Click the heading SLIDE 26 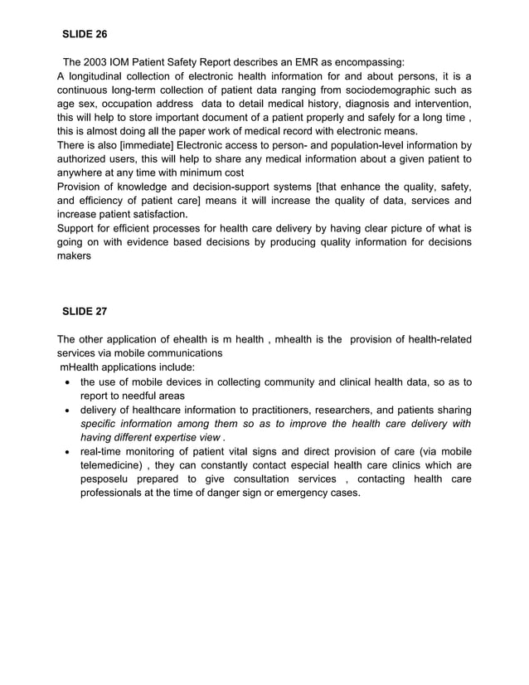[85, 35]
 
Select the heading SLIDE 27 [85, 312]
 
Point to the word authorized [85, 159]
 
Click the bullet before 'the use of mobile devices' [66, 382]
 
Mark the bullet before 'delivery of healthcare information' [66, 411]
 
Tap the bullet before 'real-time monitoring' [66, 452]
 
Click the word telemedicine [111, 466]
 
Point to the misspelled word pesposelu [108, 479]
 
